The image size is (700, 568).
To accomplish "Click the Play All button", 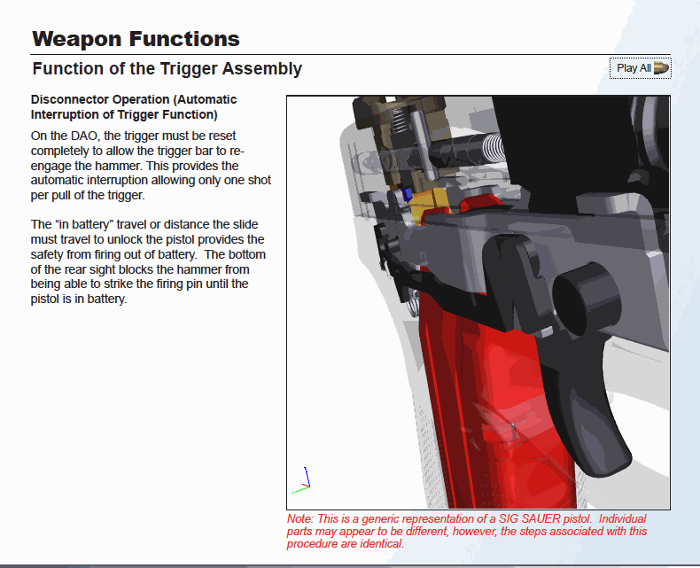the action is (640, 68).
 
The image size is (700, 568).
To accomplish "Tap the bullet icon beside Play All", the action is (661, 68).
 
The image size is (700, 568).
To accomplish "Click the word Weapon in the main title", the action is (77, 40).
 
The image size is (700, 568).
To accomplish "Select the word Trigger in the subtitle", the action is (188, 69).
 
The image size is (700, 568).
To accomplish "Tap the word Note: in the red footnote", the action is (300, 519).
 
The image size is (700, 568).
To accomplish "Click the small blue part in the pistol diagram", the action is (407, 195).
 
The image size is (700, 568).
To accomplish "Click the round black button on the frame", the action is (586, 299).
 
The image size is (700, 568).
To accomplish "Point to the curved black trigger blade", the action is (580, 402).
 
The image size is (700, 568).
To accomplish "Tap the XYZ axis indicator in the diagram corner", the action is (301, 481).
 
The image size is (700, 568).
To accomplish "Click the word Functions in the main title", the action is (185, 40).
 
